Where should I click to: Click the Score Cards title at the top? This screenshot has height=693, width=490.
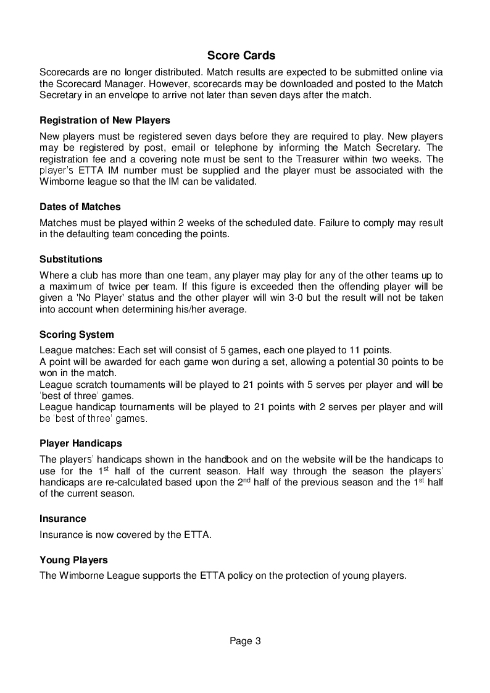tap(241, 56)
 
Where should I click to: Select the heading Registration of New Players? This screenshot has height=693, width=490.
tap(104, 120)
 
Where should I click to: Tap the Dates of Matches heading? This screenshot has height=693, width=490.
tap(80, 206)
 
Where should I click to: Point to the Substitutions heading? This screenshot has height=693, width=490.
tap(71, 259)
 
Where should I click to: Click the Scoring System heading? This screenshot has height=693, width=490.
tap(77, 335)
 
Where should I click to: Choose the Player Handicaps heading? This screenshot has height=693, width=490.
tap(80, 443)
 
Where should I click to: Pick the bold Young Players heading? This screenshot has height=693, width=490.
tap(73, 560)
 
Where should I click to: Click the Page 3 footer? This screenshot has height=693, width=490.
tap(246, 641)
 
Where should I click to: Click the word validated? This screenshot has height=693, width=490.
tap(234, 182)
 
